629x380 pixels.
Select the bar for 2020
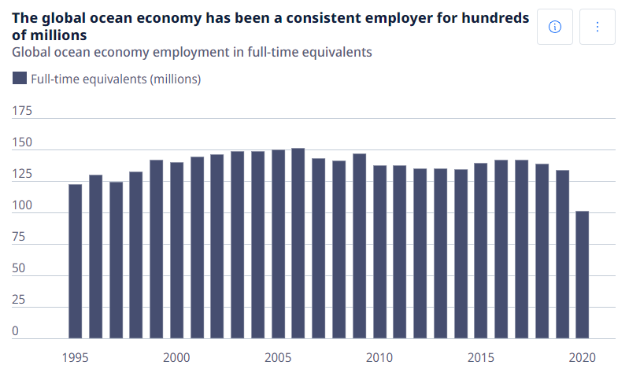click(x=582, y=275)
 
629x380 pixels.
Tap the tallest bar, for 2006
click(x=298, y=243)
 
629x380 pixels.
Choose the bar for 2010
click(x=379, y=252)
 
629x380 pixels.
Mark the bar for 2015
click(x=481, y=251)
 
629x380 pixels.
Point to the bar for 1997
click(x=116, y=260)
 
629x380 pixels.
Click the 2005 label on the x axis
click(x=278, y=357)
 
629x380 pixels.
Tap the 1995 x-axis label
click(x=76, y=357)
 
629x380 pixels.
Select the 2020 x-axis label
click(x=582, y=357)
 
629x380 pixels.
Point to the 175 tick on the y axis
click(x=21, y=111)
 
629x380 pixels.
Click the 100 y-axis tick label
click(x=21, y=205)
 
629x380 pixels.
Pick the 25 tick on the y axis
click(x=18, y=300)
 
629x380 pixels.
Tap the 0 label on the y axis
click(x=15, y=331)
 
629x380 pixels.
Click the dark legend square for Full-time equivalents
click(x=20, y=78)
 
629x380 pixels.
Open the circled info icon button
click(x=554, y=28)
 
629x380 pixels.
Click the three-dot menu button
click(x=597, y=28)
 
